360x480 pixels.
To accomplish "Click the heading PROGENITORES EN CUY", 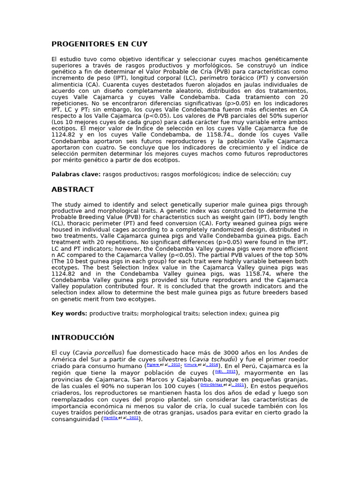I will (99, 44).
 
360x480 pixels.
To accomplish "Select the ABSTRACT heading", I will (73, 189).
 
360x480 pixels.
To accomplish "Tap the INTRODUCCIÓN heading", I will (82, 337).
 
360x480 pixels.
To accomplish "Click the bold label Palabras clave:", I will (76, 174).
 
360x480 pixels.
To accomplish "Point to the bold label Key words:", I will (69, 313).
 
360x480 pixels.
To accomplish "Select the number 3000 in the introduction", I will (219, 352).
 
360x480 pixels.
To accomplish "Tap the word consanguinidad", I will (75, 419).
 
